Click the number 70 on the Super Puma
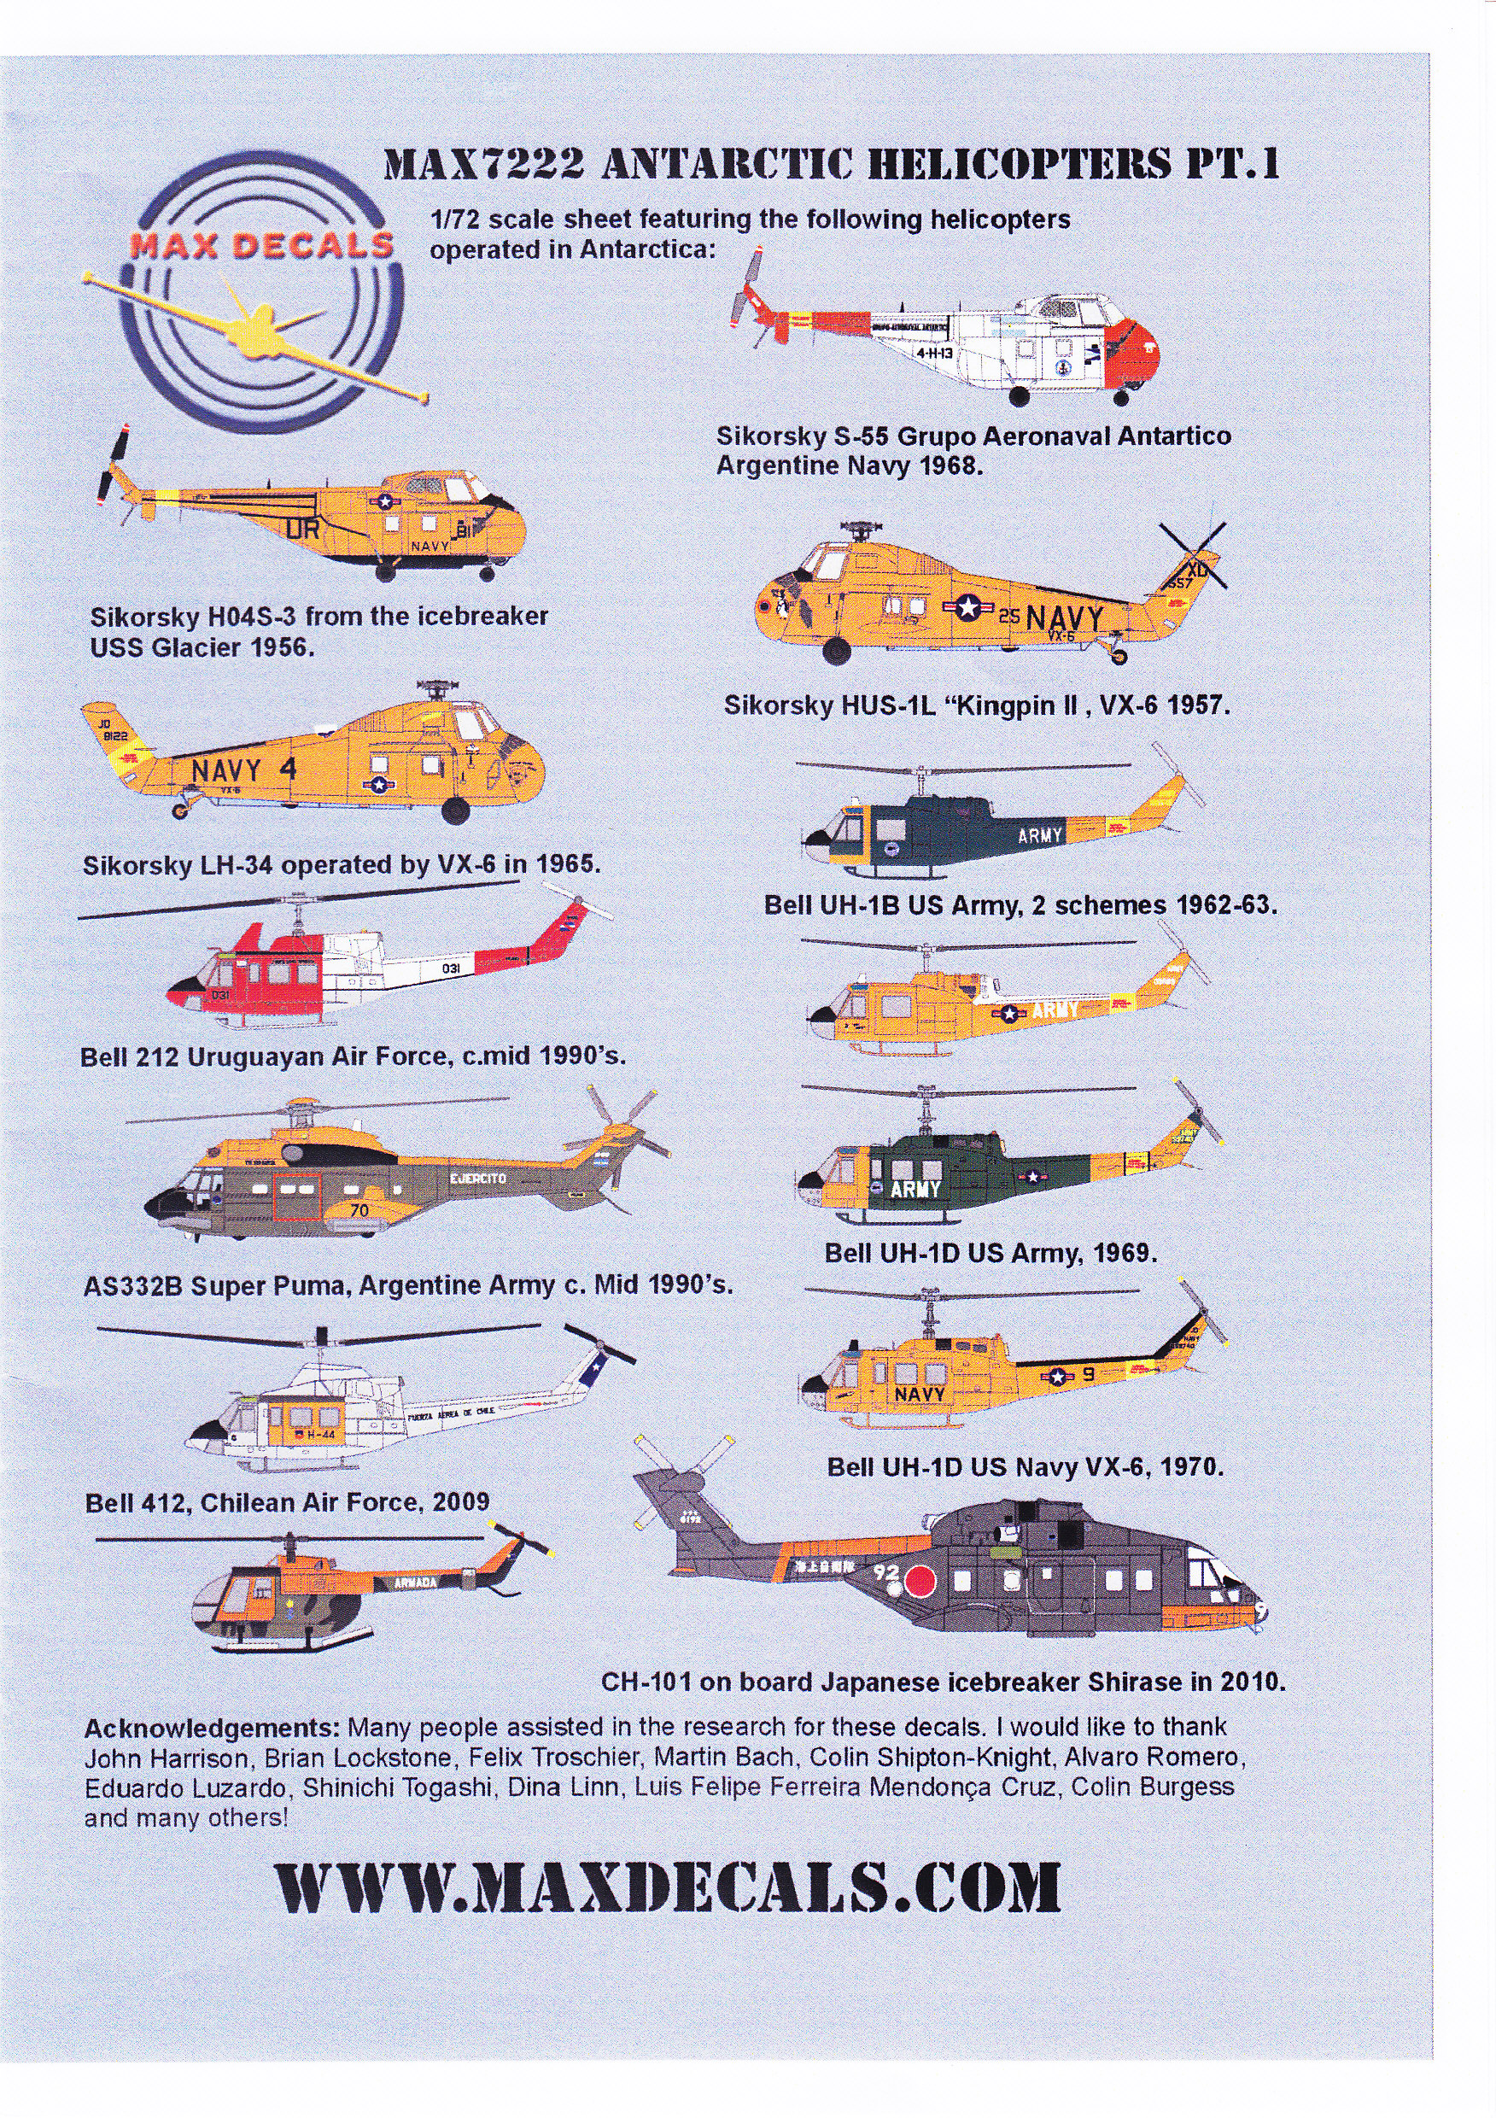[x=359, y=1209]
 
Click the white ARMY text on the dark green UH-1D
[x=916, y=1189]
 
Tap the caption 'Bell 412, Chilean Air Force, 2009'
[x=287, y=1503]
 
